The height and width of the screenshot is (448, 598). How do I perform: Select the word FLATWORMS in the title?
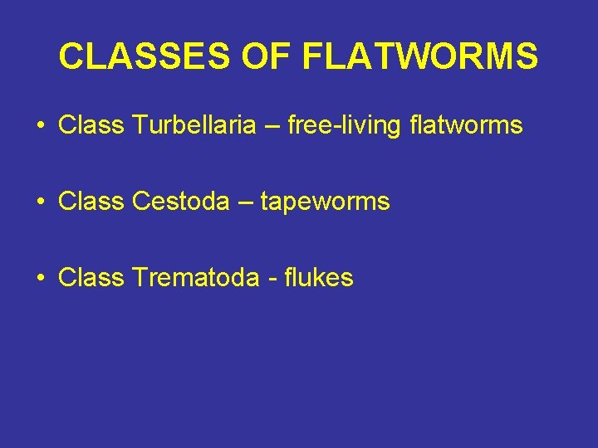420,56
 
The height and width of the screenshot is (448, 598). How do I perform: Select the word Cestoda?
179,202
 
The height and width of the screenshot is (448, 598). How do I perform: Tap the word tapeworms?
325,202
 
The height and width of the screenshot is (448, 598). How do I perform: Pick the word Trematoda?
196,278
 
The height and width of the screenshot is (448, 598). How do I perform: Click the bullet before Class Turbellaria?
40,126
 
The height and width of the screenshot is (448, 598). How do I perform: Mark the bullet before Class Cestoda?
40,202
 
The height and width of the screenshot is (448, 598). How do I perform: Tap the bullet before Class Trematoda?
40,279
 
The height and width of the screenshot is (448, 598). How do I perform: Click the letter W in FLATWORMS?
413,56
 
